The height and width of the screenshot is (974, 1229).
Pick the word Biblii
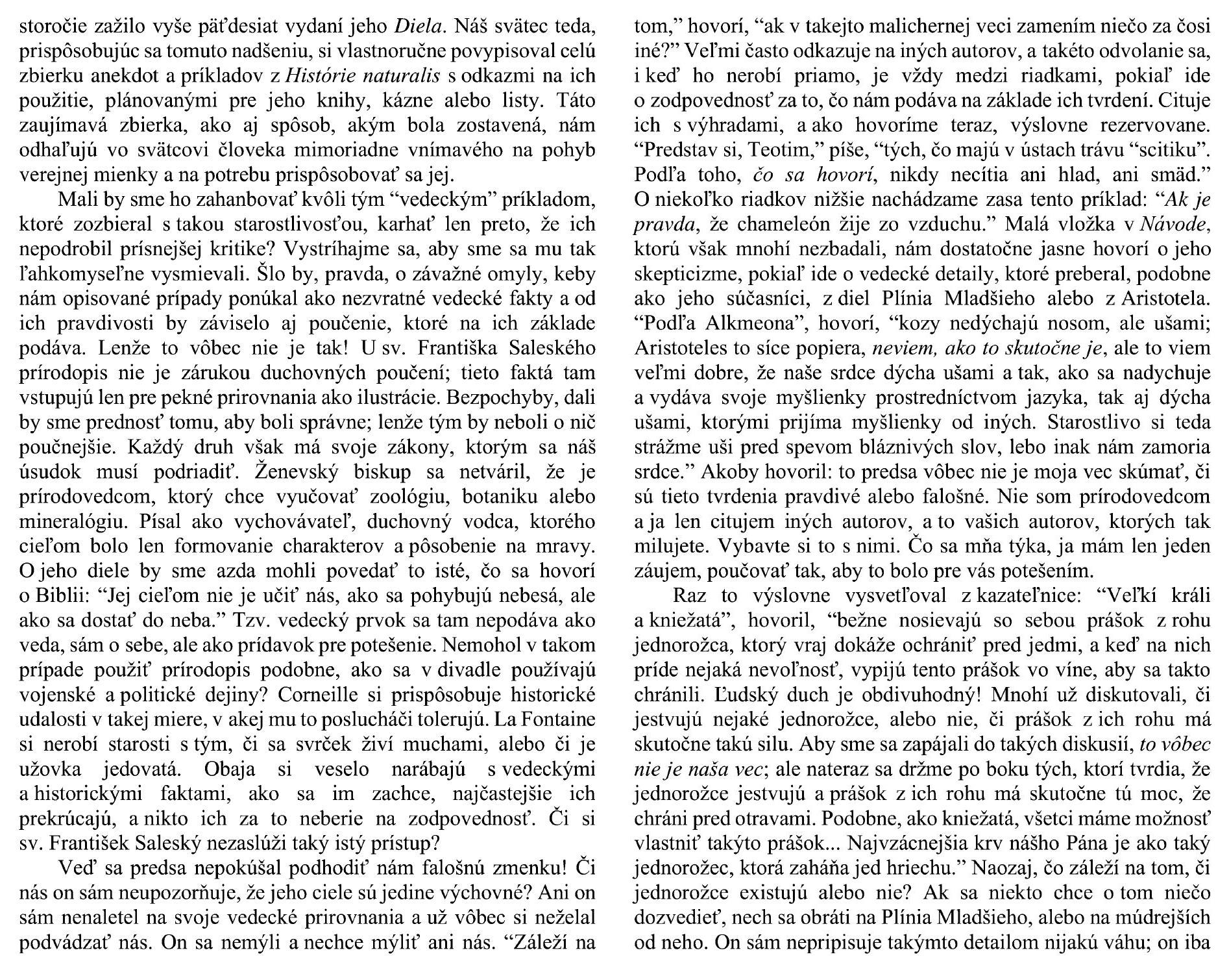point(59,596)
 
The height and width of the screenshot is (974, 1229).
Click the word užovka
point(51,769)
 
